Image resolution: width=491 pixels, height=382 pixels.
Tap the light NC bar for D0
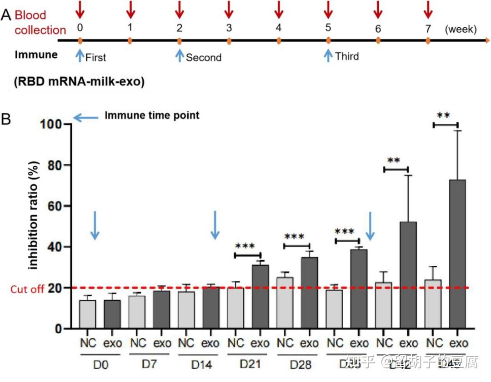pyautogui.click(x=87, y=314)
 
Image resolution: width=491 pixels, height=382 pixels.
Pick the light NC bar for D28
pyautogui.click(x=285, y=303)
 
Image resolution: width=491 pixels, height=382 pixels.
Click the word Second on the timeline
pyautogui.click(x=204, y=58)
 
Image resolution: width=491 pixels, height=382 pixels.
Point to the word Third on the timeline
pyautogui.click(x=347, y=56)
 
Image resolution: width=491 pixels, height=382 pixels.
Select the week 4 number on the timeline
pyautogui.click(x=278, y=28)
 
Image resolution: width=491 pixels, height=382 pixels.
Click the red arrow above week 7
pyautogui.click(x=427, y=9)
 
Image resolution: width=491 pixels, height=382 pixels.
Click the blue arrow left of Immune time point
pyautogui.click(x=85, y=118)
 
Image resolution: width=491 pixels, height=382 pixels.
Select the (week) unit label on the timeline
pyautogui.click(x=461, y=30)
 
